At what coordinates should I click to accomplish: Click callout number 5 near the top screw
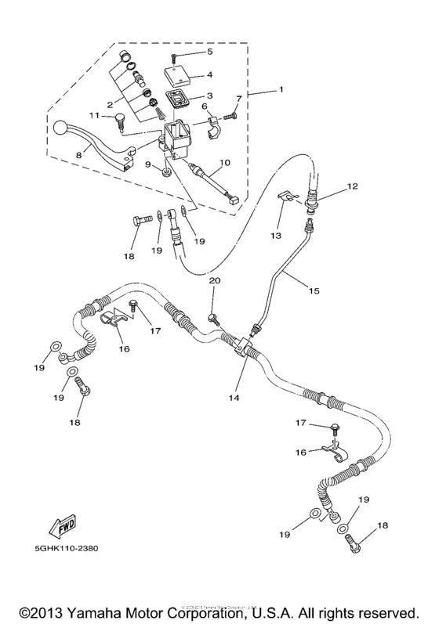(209, 52)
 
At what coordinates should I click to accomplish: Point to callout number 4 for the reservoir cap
(209, 77)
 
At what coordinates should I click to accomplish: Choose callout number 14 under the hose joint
(233, 397)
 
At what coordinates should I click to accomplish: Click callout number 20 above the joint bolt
(214, 280)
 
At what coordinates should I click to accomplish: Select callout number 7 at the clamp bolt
(241, 97)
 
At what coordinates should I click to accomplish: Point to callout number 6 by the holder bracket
(204, 106)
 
